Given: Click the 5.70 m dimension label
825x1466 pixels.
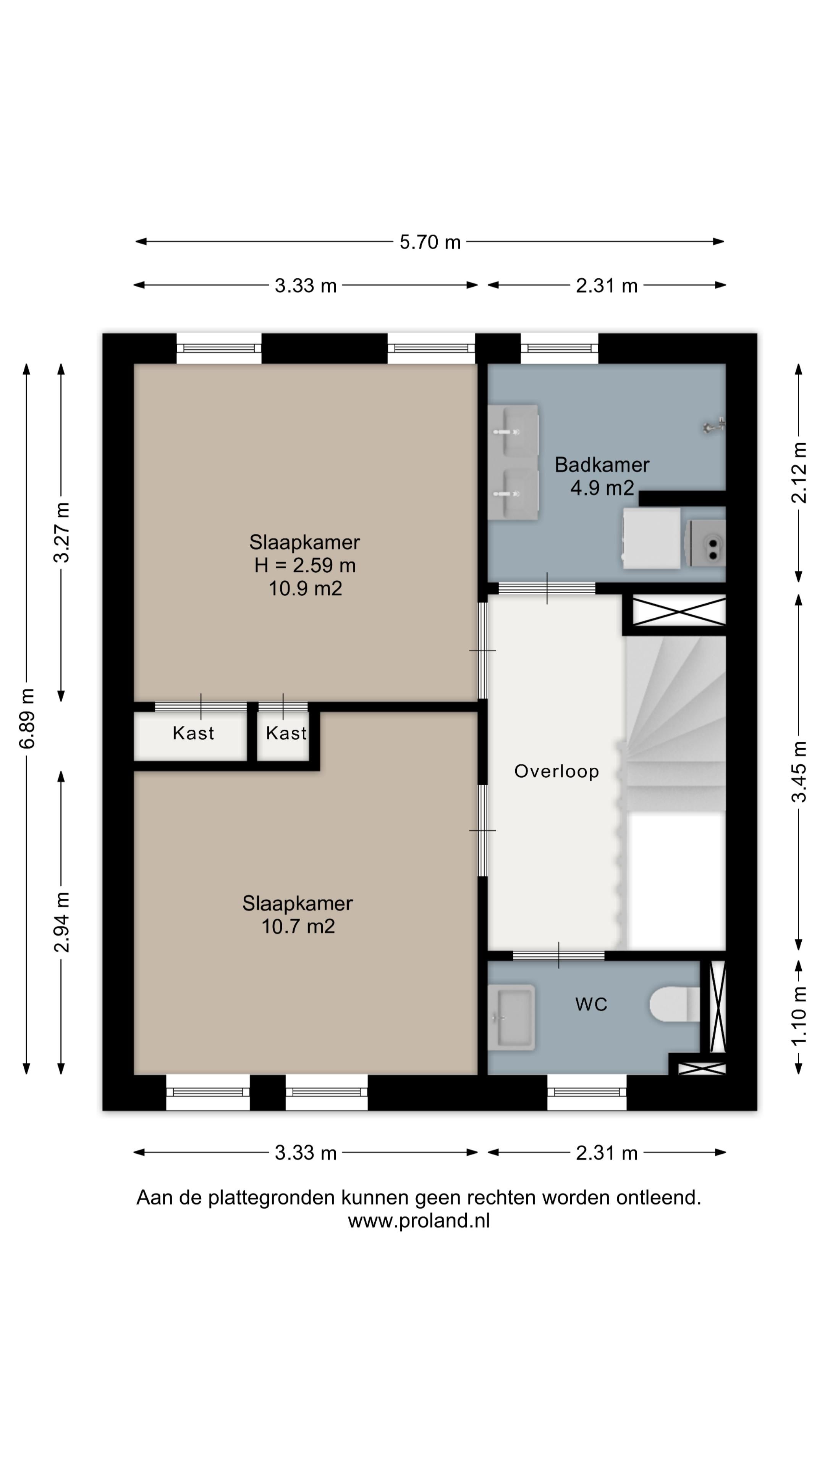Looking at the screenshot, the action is coord(430,242).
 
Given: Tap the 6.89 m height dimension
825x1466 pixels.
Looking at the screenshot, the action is coord(27,718).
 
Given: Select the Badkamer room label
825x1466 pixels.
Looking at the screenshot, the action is coord(602,465).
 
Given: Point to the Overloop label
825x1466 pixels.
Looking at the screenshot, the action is coord(556,771).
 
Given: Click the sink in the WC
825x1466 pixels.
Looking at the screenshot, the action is coord(512,1017).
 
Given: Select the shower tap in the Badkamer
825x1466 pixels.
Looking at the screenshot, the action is coord(714,426).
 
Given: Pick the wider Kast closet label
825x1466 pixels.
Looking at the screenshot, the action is coord(193,733).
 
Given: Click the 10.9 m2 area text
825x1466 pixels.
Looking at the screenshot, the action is coord(305,588).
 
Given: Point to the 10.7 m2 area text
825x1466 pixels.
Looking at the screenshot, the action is coord(298,927).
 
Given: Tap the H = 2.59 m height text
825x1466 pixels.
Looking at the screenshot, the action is coord(305,565).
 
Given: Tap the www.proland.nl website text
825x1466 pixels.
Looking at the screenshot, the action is coord(419,1221).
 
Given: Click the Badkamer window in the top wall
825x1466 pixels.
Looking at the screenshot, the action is coord(559,348).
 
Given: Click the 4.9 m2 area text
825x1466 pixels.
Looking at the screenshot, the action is coord(602,488).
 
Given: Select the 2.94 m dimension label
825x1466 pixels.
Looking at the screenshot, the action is coord(61,922).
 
